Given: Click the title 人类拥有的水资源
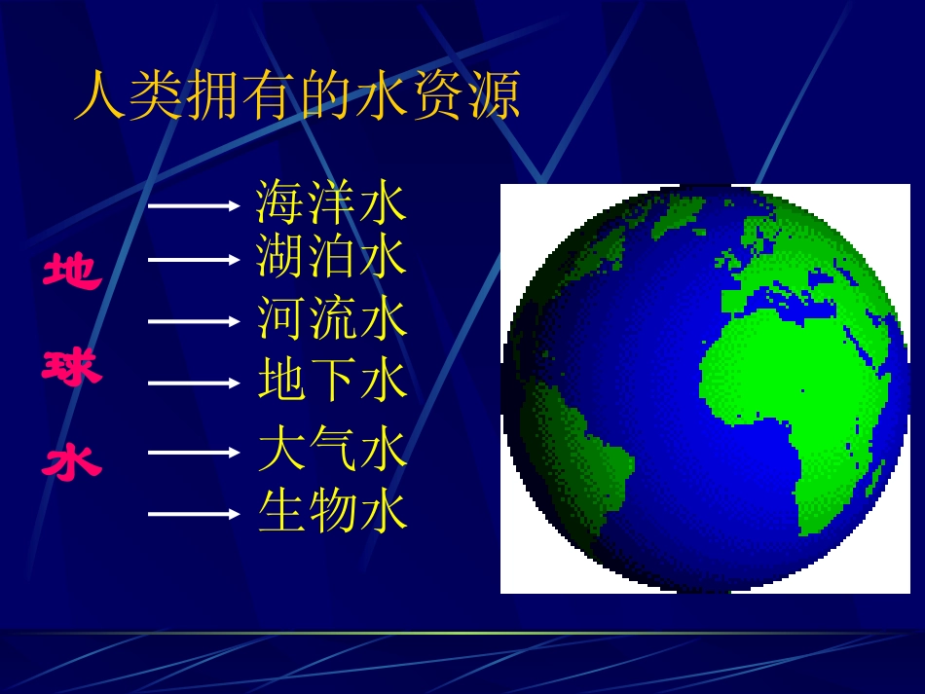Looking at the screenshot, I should pyautogui.click(x=297, y=96).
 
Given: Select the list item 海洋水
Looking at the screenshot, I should pyautogui.click(x=331, y=203).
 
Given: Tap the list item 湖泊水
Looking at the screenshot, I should pyautogui.click(x=331, y=257).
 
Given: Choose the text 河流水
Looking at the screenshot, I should pyautogui.click(x=331, y=318).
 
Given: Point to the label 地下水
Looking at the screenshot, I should pyautogui.click(x=331, y=381).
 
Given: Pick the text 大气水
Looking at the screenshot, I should pyautogui.click(x=331, y=451).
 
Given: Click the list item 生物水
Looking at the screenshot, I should pyautogui.click(x=331, y=512).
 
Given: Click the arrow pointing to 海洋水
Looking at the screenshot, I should pyautogui.click(x=194, y=205).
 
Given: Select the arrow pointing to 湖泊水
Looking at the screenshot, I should pyautogui.click(x=194, y=259).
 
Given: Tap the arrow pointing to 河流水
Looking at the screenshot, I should pyautogui.click(x=194, y=320).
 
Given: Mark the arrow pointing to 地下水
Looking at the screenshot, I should pyautogui.click(x=194, y=383).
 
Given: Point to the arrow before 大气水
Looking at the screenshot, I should pyautogui.click(x=194, y=453).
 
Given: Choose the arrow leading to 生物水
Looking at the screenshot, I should pyautogui.click(x=194, y=514).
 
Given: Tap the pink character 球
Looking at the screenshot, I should pyautogui.click(x=71, y=368).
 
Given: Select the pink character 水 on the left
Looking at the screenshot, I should pyautogui.click(x=71, y=462).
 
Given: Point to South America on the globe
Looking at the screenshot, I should pyautogui.click(x=574, y=438).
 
